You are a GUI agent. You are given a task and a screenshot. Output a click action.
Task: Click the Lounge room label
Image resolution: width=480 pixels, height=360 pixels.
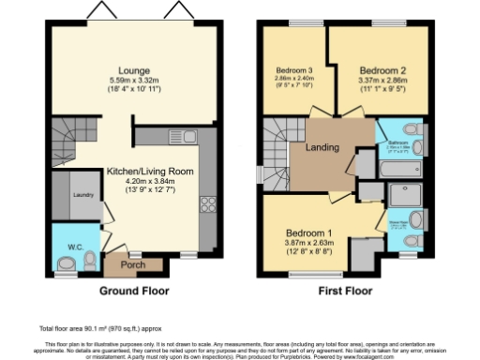127,69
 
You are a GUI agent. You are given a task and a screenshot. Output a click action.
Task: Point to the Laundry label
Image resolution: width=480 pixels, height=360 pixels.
82,195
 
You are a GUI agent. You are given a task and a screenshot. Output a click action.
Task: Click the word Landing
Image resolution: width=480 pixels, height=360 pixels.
322,148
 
